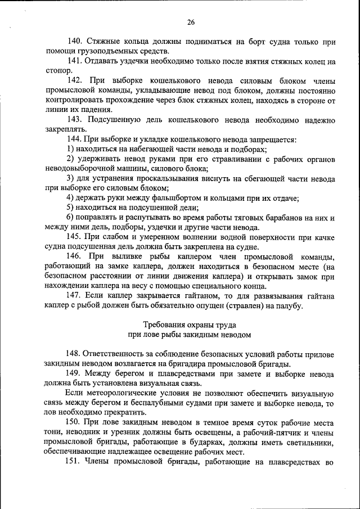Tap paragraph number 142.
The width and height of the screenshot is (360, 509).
pyautogui.click(x=75, y=80)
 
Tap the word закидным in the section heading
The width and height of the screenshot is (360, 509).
pyautogui.click(x=205, y=335)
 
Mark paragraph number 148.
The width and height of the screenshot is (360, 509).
pyautogui.click(x=75, y=354)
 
